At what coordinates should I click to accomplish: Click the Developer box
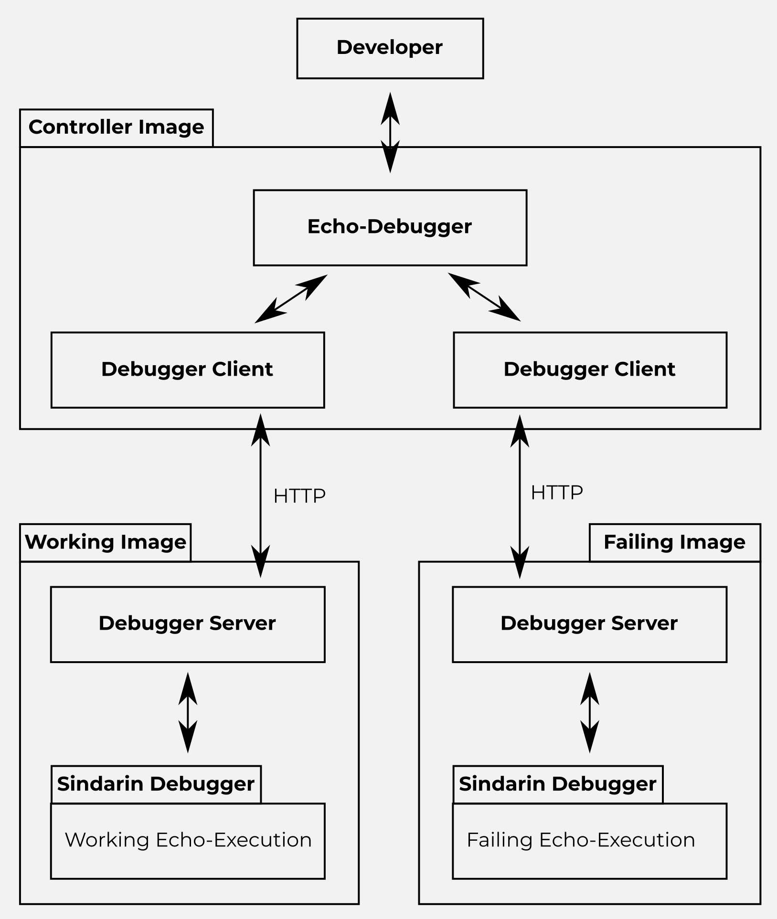click(x=390, y=48)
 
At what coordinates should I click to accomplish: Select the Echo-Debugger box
click(x=390, y=227)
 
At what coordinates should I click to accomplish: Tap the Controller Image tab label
click(x=116, y=127)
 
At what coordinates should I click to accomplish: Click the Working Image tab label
click(x=105, y=542)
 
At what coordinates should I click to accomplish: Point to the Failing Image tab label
click(x=674, y=542)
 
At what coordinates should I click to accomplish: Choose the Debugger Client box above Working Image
click(x=187, y=370)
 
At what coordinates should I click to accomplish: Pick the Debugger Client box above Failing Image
click(x=590, y=370)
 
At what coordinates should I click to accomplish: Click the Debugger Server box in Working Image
click(x=187, y=624)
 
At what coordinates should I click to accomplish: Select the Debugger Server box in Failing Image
click(x=589, y=624)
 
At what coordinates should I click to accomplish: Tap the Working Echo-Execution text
click(x=188, y=840)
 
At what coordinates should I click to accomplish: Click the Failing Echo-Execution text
click(x=581, y=840)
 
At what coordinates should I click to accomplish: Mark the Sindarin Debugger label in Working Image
click(x=156, y=784)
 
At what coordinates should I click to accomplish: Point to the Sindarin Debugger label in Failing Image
click(x=558, y=784)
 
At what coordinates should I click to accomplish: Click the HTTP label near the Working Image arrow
click(x=299, y=496)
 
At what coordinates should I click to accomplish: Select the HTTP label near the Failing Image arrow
click(x=557, y=493)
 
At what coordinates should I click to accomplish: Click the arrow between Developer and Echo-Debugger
click(x=390, y=132)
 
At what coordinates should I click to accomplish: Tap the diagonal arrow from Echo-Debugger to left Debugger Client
click(x=291, y=299)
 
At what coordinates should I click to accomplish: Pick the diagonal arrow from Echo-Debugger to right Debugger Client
click(x=484, y=297)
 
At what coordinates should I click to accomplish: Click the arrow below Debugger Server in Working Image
click(x=188, y=713)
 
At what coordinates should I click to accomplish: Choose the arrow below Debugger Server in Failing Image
click(x=590, y=713)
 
